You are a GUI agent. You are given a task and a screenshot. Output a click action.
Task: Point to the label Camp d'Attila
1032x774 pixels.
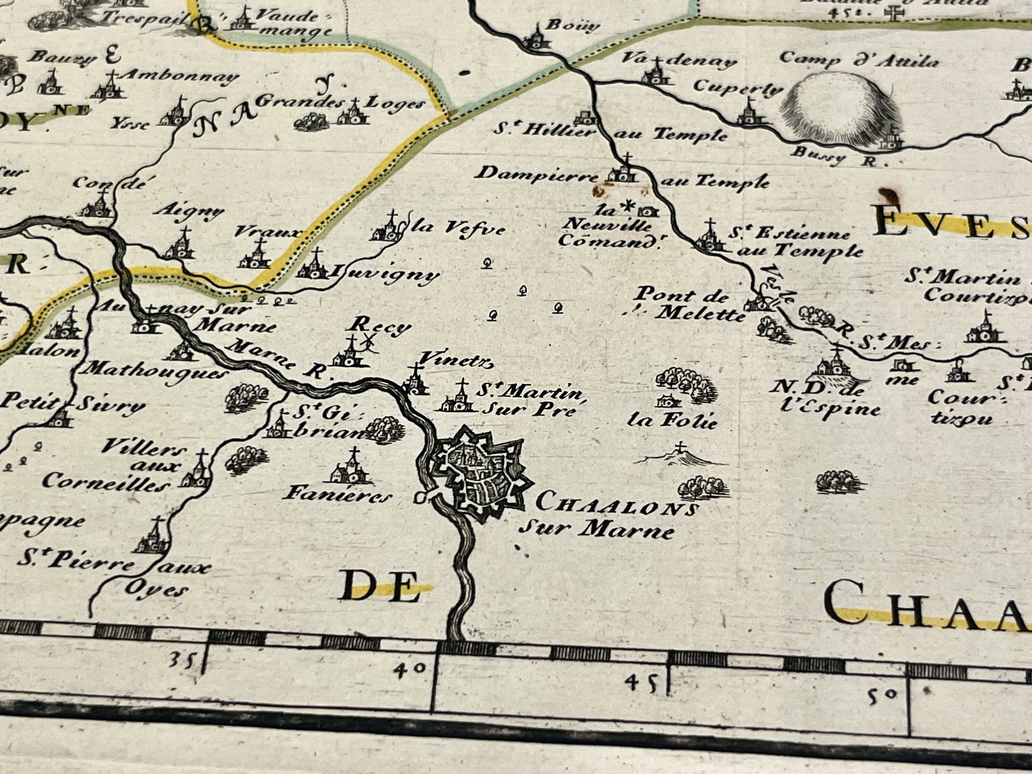pos(859,60)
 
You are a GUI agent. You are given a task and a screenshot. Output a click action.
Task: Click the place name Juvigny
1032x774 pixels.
pos(385,274)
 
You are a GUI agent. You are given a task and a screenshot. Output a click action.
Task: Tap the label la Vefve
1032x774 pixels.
pos(459,228)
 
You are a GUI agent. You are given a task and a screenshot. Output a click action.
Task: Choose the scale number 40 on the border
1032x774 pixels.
pos(410,669)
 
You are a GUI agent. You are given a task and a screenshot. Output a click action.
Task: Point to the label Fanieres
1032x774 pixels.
pos(338,495)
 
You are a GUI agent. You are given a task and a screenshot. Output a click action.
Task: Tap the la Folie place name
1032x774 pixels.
pos(672,421)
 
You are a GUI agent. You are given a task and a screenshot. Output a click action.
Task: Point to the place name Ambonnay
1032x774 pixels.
pos(178,77)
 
